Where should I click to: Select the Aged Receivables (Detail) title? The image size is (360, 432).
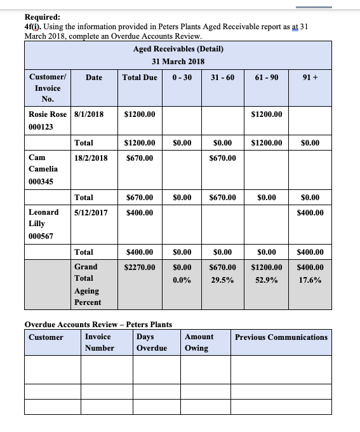(x=178, y=49)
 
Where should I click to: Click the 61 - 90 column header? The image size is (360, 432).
(x=267, y=78)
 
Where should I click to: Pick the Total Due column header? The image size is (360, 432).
(x=140, y=78)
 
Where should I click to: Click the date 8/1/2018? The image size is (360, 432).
(x=89, y=114)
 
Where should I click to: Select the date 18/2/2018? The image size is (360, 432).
(x=91, y=158)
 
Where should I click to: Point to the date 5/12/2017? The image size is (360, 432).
(x=91, y=212)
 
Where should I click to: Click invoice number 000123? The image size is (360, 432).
(x=41, y=127)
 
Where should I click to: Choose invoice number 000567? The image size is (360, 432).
(x=41, y=236)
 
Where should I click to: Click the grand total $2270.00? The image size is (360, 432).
(x=140, y=267)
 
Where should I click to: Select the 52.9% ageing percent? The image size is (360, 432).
(x=267, y=280)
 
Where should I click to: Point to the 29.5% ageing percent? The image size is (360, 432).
(x=222, y=280)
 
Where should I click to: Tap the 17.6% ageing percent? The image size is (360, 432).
(x=310, y=280)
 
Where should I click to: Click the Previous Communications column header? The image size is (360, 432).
(x=281, y=337)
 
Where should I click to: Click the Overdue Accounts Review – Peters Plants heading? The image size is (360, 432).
(x=98, y=325)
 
